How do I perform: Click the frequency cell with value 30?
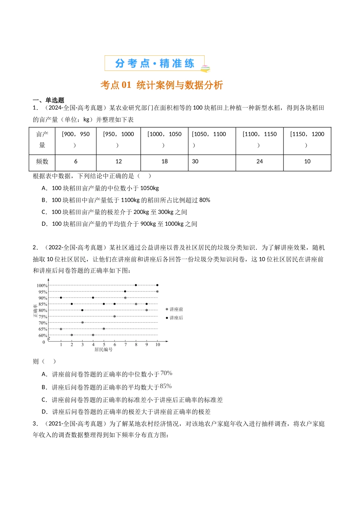pyautogui.click(x=195, y=161)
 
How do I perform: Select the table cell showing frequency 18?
pyautogui.click(x=164, y=161)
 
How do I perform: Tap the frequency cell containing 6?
pyautogui.click(x=76, y=161)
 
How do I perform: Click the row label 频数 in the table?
pyautogui.click(x=42, y=161)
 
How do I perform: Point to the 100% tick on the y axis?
pyautogui.click(x=42, y=285)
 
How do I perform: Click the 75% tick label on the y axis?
pyautogui.click(x=43, y=317)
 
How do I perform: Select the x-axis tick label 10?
pyautogui.click(x=158, y=345)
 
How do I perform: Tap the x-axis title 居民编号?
pyautogui.click(x=103, y=350)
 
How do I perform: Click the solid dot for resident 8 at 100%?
pyautogui.click(x=136, y=285)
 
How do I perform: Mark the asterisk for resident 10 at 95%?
pyautogui.click(x=157, y=291)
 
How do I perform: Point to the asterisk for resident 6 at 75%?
pyautogui.click(x=114, y=316)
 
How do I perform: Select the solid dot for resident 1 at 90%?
pyautogui.click(x=61, y=298)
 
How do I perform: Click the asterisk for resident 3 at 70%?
pyautogui.click(x=82, y=322)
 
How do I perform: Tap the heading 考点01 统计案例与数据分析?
pyautogui.click(x=162, y=85)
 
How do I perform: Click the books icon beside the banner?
pyautogui.click(x=205, y=69)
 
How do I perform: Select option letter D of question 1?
pyautogui.click(x=44, y=224)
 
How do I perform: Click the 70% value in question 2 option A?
pyautogui.click(x=166, y=373)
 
